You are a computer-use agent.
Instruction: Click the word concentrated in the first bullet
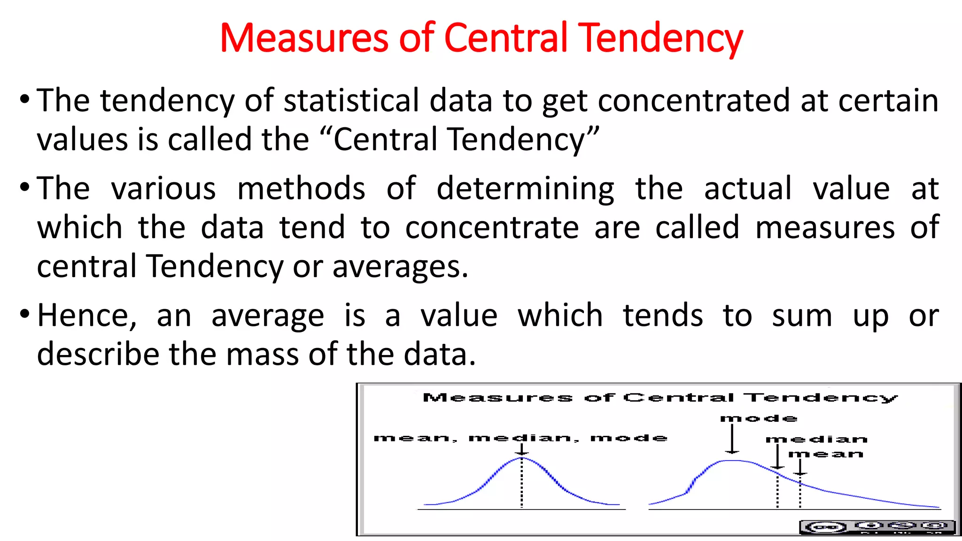(694, 100)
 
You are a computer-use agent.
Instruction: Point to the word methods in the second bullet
(301, 188)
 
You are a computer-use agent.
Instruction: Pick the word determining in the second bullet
(525, 188)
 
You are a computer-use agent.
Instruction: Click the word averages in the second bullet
(400, 267)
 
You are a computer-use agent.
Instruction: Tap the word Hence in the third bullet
(87, 315)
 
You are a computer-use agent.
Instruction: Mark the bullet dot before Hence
(25, 313)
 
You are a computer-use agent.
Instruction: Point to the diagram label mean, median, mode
(520, 438)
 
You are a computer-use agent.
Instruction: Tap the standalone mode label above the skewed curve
(759, 418)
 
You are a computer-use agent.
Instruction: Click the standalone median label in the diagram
(816, 440)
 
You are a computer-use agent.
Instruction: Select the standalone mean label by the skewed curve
(826, 454)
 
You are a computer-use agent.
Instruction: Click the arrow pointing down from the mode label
(732, 440)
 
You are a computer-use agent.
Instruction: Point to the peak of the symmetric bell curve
(522, 458)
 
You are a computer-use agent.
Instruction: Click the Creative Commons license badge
(877, 527)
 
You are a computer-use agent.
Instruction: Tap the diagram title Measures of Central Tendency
(660, 398)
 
